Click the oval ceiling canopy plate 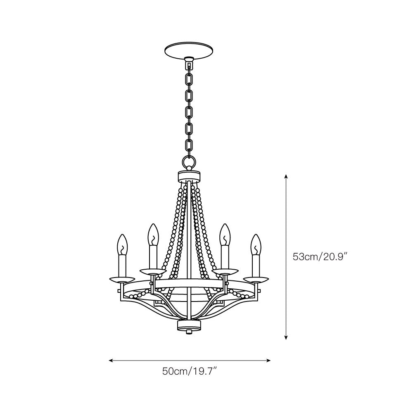click(x=189, y=51)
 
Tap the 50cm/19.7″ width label click(x=190, y=371)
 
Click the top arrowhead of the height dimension click(x=286, y=176)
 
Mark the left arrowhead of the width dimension click(x=111, y=361)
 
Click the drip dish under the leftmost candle click(x=122, y=278)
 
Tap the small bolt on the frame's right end click(x=259, y=291)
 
